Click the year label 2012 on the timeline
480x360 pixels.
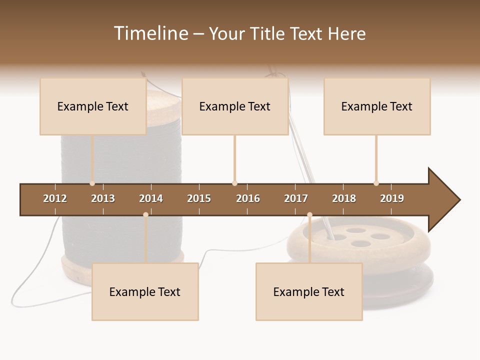(55, 198)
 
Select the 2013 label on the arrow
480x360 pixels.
(103, 198)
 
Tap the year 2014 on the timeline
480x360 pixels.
(151, 198)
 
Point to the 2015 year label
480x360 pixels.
(199, 198)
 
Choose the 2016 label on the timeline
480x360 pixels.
(248, 198)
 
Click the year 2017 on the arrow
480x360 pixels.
(296, 198)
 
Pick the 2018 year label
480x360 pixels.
(344, 198)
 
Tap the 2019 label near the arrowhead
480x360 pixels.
(392, 198)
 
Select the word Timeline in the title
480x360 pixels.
(150, 33)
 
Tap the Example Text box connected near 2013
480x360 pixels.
(93, 106)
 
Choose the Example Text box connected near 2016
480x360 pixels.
(235, 106)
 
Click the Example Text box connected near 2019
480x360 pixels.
(377, 106)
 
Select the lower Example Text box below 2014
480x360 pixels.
(145, 292)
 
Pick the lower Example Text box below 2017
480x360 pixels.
(309, 292)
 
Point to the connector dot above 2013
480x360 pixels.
(92, 183)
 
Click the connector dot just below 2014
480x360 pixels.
(145, 215)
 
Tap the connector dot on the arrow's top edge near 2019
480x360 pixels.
(376, 183)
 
